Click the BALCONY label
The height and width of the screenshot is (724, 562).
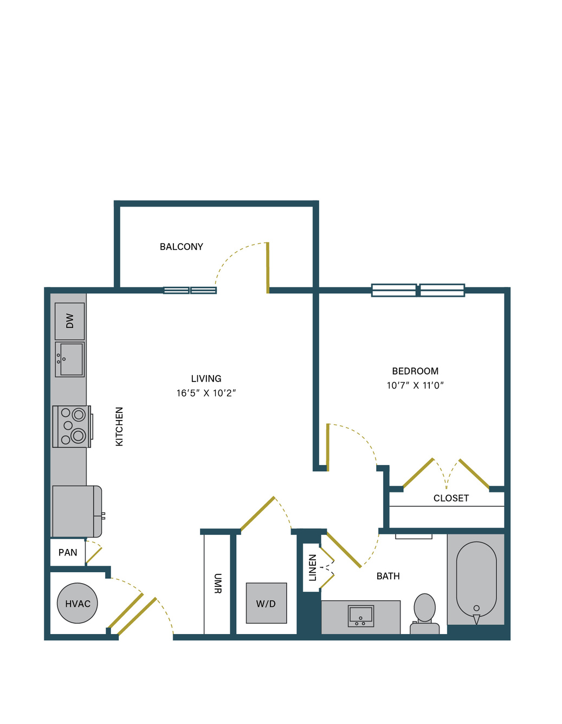181,247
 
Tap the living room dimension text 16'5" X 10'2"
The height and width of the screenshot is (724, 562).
206,393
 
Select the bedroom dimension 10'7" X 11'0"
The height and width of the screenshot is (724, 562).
415,385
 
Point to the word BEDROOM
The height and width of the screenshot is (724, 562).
415,371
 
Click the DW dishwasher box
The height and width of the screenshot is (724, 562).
69,321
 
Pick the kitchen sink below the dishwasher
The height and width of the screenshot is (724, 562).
69,359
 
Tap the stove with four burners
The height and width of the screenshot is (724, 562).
73,426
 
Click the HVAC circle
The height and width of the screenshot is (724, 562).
77,603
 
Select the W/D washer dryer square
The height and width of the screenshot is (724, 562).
266,603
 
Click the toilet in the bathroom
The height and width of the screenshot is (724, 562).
424,614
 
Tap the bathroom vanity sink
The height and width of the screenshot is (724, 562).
361,616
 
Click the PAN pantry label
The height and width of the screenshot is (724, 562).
68,552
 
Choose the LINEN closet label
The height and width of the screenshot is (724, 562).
313,568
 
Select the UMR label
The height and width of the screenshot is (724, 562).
217,584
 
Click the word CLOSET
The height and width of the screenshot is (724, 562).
451,498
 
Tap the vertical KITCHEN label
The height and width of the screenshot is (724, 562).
119,426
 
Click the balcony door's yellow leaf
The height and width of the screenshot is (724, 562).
268,268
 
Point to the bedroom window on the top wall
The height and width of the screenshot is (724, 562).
418,290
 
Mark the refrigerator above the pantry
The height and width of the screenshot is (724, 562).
77,512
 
